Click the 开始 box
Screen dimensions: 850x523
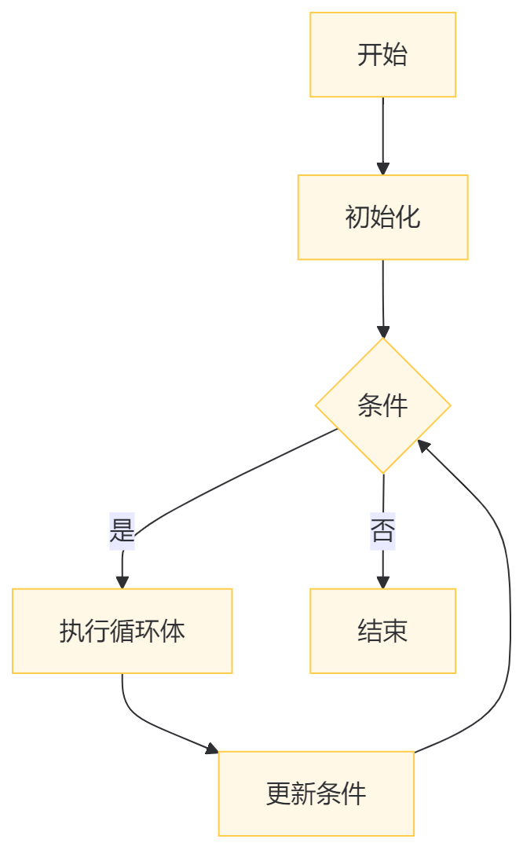382,55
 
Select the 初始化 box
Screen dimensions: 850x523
382,218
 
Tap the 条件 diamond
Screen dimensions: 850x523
382,406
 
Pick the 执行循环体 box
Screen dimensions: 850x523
122,631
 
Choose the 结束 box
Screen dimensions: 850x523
382,631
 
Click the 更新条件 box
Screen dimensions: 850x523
316,793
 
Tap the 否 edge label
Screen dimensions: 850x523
382,532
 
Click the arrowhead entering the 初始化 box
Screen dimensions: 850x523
382,169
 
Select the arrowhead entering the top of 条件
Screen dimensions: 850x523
382,332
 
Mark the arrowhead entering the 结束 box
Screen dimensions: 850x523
382,582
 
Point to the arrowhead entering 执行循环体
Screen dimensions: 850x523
122,582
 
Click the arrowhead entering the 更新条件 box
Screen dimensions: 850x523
212,749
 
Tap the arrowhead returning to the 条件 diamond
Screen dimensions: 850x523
422,445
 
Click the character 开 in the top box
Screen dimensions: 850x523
370,55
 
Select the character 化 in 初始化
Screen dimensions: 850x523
408,218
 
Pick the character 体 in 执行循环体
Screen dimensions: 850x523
172,631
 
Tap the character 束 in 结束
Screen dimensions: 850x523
395,631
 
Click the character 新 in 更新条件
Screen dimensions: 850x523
303,793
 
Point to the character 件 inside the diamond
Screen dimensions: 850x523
395,406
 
